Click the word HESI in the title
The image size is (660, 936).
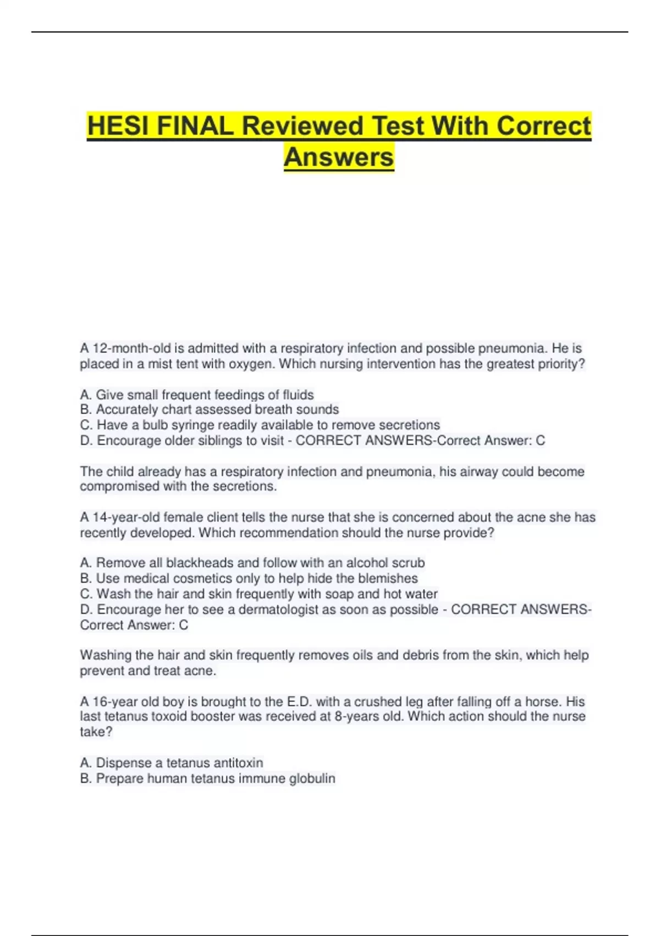point(118,126)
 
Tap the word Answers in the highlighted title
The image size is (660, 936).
point(339,157)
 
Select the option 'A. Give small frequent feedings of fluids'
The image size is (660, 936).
point(197,395)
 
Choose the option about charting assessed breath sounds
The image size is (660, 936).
point(209,410)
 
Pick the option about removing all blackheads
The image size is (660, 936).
point(252,563)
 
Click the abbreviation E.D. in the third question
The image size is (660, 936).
point(299,702)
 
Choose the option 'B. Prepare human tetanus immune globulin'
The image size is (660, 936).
point(207,779)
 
